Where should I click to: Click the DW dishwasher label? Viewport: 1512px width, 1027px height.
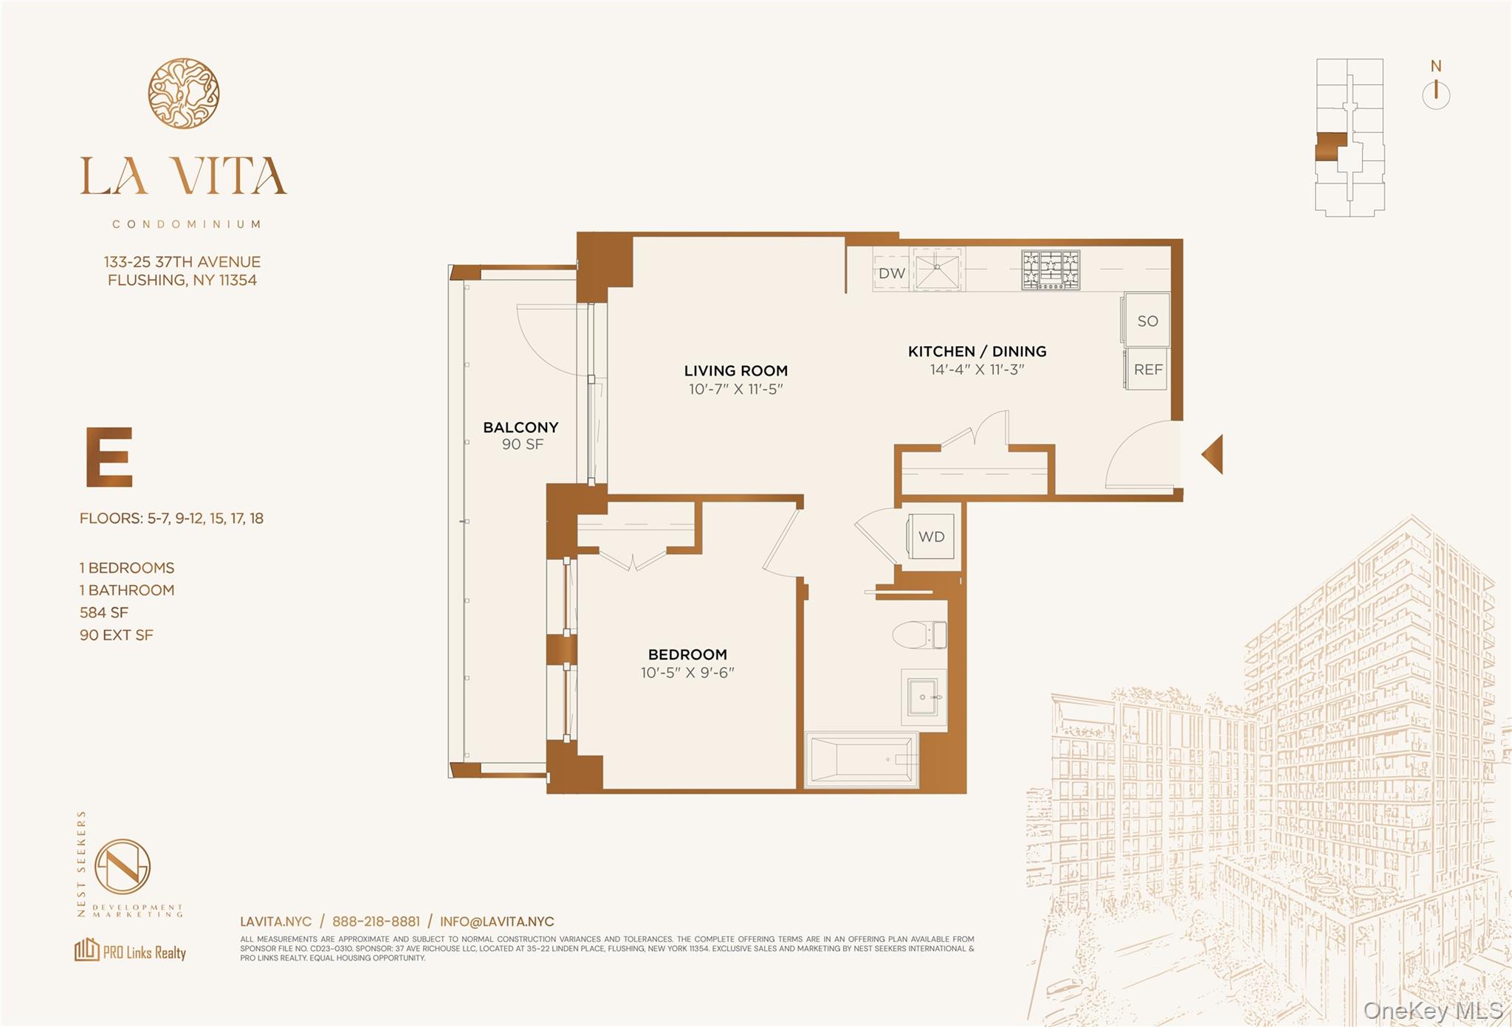892,273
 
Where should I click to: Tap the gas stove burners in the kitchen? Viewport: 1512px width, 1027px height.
1051,270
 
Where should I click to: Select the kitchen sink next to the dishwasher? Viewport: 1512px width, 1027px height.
938,269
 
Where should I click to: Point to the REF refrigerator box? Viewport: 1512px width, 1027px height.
1147,369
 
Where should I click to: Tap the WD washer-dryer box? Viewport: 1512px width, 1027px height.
931,536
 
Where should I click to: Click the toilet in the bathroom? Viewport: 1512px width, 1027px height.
919,634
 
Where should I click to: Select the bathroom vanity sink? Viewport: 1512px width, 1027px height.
924,697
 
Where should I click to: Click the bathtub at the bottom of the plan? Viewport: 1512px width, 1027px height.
862,758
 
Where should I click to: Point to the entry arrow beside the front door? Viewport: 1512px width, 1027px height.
1213,454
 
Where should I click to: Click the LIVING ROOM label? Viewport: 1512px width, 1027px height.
735,370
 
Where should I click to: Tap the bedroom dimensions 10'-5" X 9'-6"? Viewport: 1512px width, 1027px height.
687,673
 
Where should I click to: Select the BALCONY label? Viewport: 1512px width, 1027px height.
520,427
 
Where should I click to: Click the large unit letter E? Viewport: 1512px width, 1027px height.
109,457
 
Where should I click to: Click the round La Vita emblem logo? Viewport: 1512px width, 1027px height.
183,94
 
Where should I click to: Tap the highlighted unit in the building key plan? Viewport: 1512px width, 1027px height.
1330,146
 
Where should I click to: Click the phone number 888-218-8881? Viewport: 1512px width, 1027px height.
376,921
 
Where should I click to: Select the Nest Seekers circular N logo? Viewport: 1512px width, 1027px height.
123,867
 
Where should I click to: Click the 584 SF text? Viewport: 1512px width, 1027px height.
104,612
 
